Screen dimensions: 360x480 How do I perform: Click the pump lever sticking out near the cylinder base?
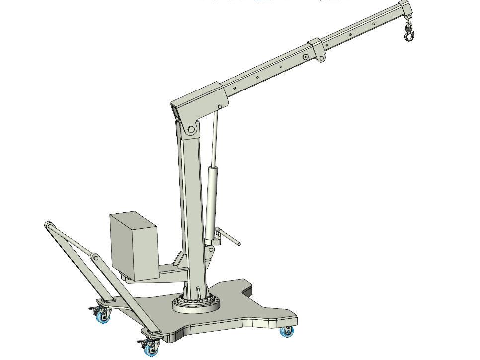click(x=232, y=238)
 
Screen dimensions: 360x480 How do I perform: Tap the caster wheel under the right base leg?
click(x=287, y=331)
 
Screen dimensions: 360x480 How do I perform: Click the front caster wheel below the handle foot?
click(x=149, y=348)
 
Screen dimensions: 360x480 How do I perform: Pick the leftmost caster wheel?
click(x=103, y=316)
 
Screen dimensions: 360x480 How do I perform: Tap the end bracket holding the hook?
click(x=405, y=10)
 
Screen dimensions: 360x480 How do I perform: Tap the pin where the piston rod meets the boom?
click(x=220, y=107)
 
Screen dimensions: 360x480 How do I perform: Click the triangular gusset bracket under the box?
click(x=179, y=261)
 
